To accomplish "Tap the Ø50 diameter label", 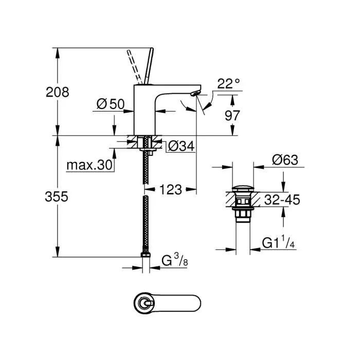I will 110,104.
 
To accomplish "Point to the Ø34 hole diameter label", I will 181,147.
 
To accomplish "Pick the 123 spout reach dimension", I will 170,189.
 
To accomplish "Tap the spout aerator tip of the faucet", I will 193,93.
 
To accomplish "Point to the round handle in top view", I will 144,303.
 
